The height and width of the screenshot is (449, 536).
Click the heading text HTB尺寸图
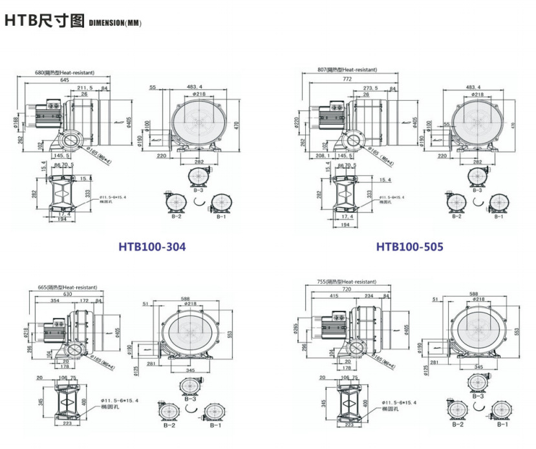pos(45,21)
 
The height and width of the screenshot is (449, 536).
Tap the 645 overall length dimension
pos(65,80)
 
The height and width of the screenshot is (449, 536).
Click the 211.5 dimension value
pos(85,87)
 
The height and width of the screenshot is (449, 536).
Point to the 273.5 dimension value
pos(370,87)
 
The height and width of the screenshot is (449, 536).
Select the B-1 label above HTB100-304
pos(220,216)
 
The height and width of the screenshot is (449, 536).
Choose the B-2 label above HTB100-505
pos(456,216)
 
